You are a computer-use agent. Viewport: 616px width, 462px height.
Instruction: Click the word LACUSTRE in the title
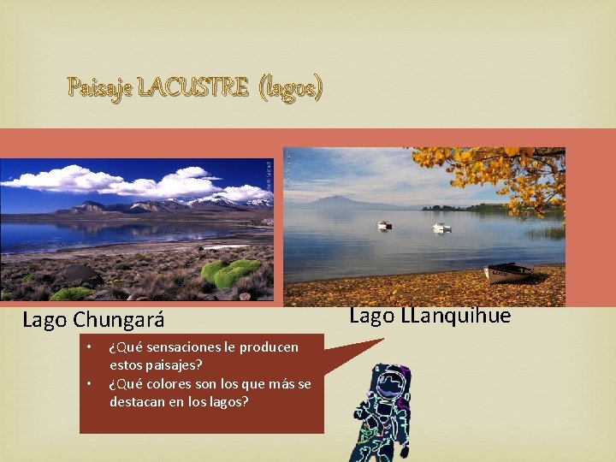pos(193,87)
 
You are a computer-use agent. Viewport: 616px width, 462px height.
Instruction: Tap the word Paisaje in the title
pos(101,87)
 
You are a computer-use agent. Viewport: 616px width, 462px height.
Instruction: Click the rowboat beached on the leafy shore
pos(507,273)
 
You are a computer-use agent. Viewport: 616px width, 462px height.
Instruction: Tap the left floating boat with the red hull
pos(385,225)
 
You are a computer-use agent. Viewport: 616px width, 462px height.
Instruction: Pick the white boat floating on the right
pos(441,228)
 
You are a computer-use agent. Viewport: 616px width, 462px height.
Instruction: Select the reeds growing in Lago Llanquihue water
pos(545,233)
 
